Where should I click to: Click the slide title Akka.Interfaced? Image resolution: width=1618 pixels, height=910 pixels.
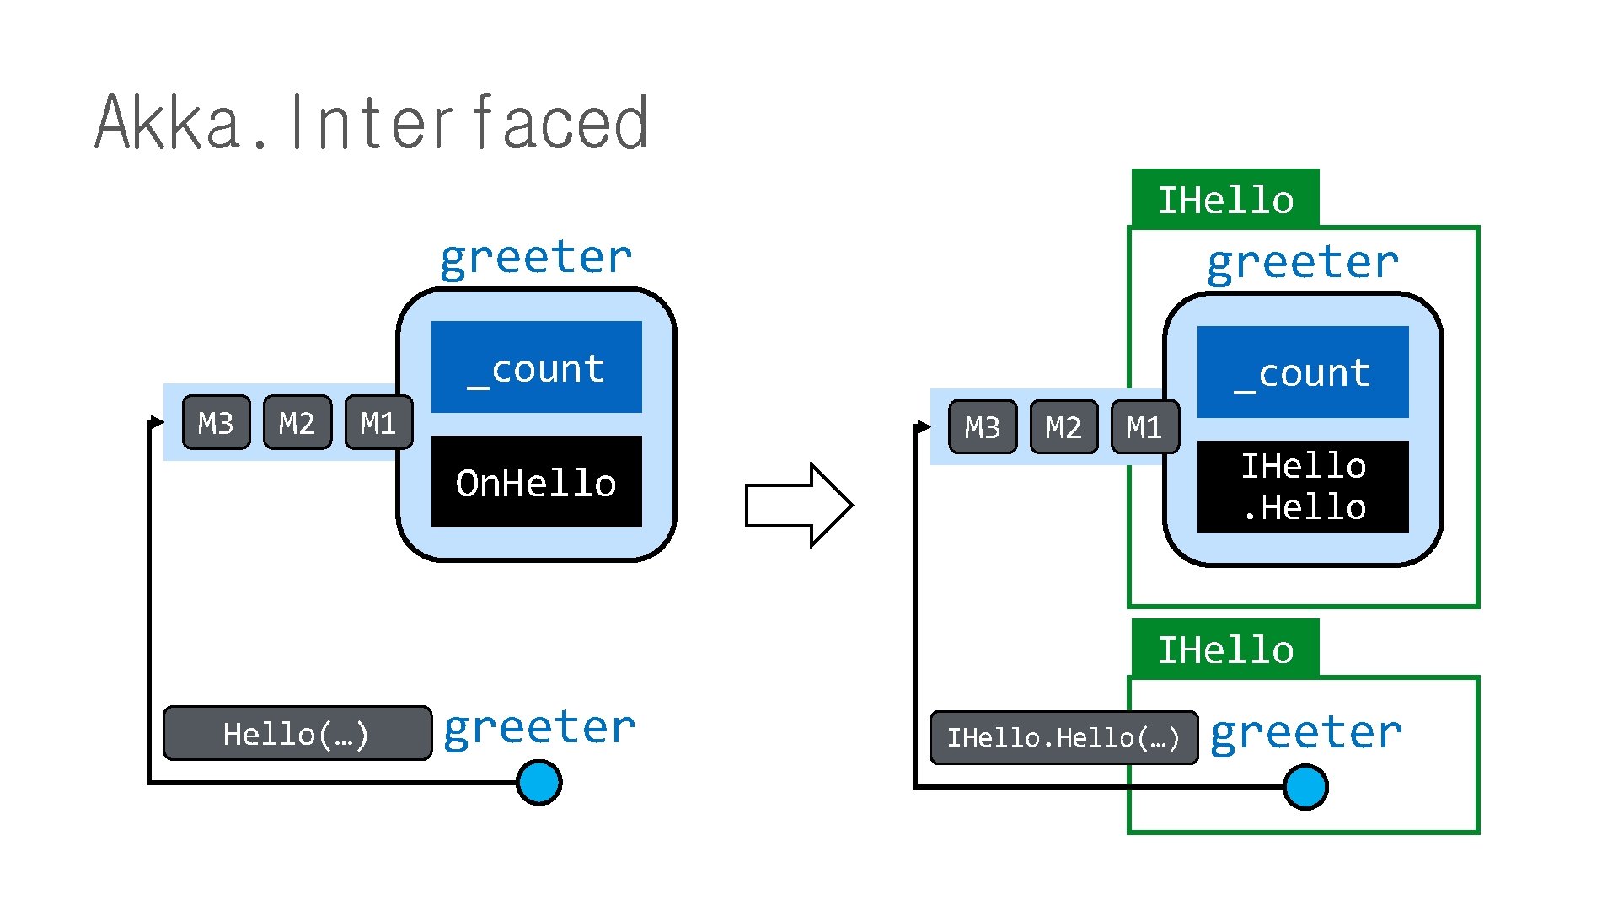(372, 123)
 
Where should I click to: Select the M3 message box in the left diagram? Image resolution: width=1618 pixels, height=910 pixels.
(217, 422)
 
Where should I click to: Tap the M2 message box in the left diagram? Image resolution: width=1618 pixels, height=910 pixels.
(297, 422)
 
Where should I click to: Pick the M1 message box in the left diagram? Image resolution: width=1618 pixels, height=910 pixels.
(379, 422)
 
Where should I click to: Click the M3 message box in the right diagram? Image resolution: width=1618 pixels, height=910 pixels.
(983, 427)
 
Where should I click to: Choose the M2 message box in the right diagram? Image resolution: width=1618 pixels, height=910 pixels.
(1064, 427)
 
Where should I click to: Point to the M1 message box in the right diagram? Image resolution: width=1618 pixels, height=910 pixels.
(1145, 427)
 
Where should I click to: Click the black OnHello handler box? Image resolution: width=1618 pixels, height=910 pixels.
(537, 482)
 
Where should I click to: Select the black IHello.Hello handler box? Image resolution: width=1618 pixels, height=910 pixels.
(1303, 487)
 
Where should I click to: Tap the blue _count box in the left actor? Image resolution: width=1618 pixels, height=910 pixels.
(537, 367)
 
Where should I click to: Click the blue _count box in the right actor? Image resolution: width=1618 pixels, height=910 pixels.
(1303, 372)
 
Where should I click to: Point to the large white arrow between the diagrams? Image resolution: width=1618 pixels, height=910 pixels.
(799, 506)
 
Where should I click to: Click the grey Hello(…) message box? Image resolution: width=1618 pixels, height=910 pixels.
(297, 733)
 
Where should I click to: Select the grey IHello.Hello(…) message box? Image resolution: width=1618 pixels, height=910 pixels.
(1064, 738)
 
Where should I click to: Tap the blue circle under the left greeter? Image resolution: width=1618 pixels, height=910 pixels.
(539, 783)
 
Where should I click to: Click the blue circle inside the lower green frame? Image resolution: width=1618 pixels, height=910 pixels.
(1306, 787)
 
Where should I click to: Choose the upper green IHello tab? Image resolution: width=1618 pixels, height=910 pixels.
(1225, 199)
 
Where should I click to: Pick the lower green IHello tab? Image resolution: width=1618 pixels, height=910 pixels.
(1225, 649)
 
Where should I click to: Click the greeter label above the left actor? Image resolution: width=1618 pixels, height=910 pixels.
(536, 257)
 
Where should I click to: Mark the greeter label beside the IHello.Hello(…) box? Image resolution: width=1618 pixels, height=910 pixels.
(1306, 731)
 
